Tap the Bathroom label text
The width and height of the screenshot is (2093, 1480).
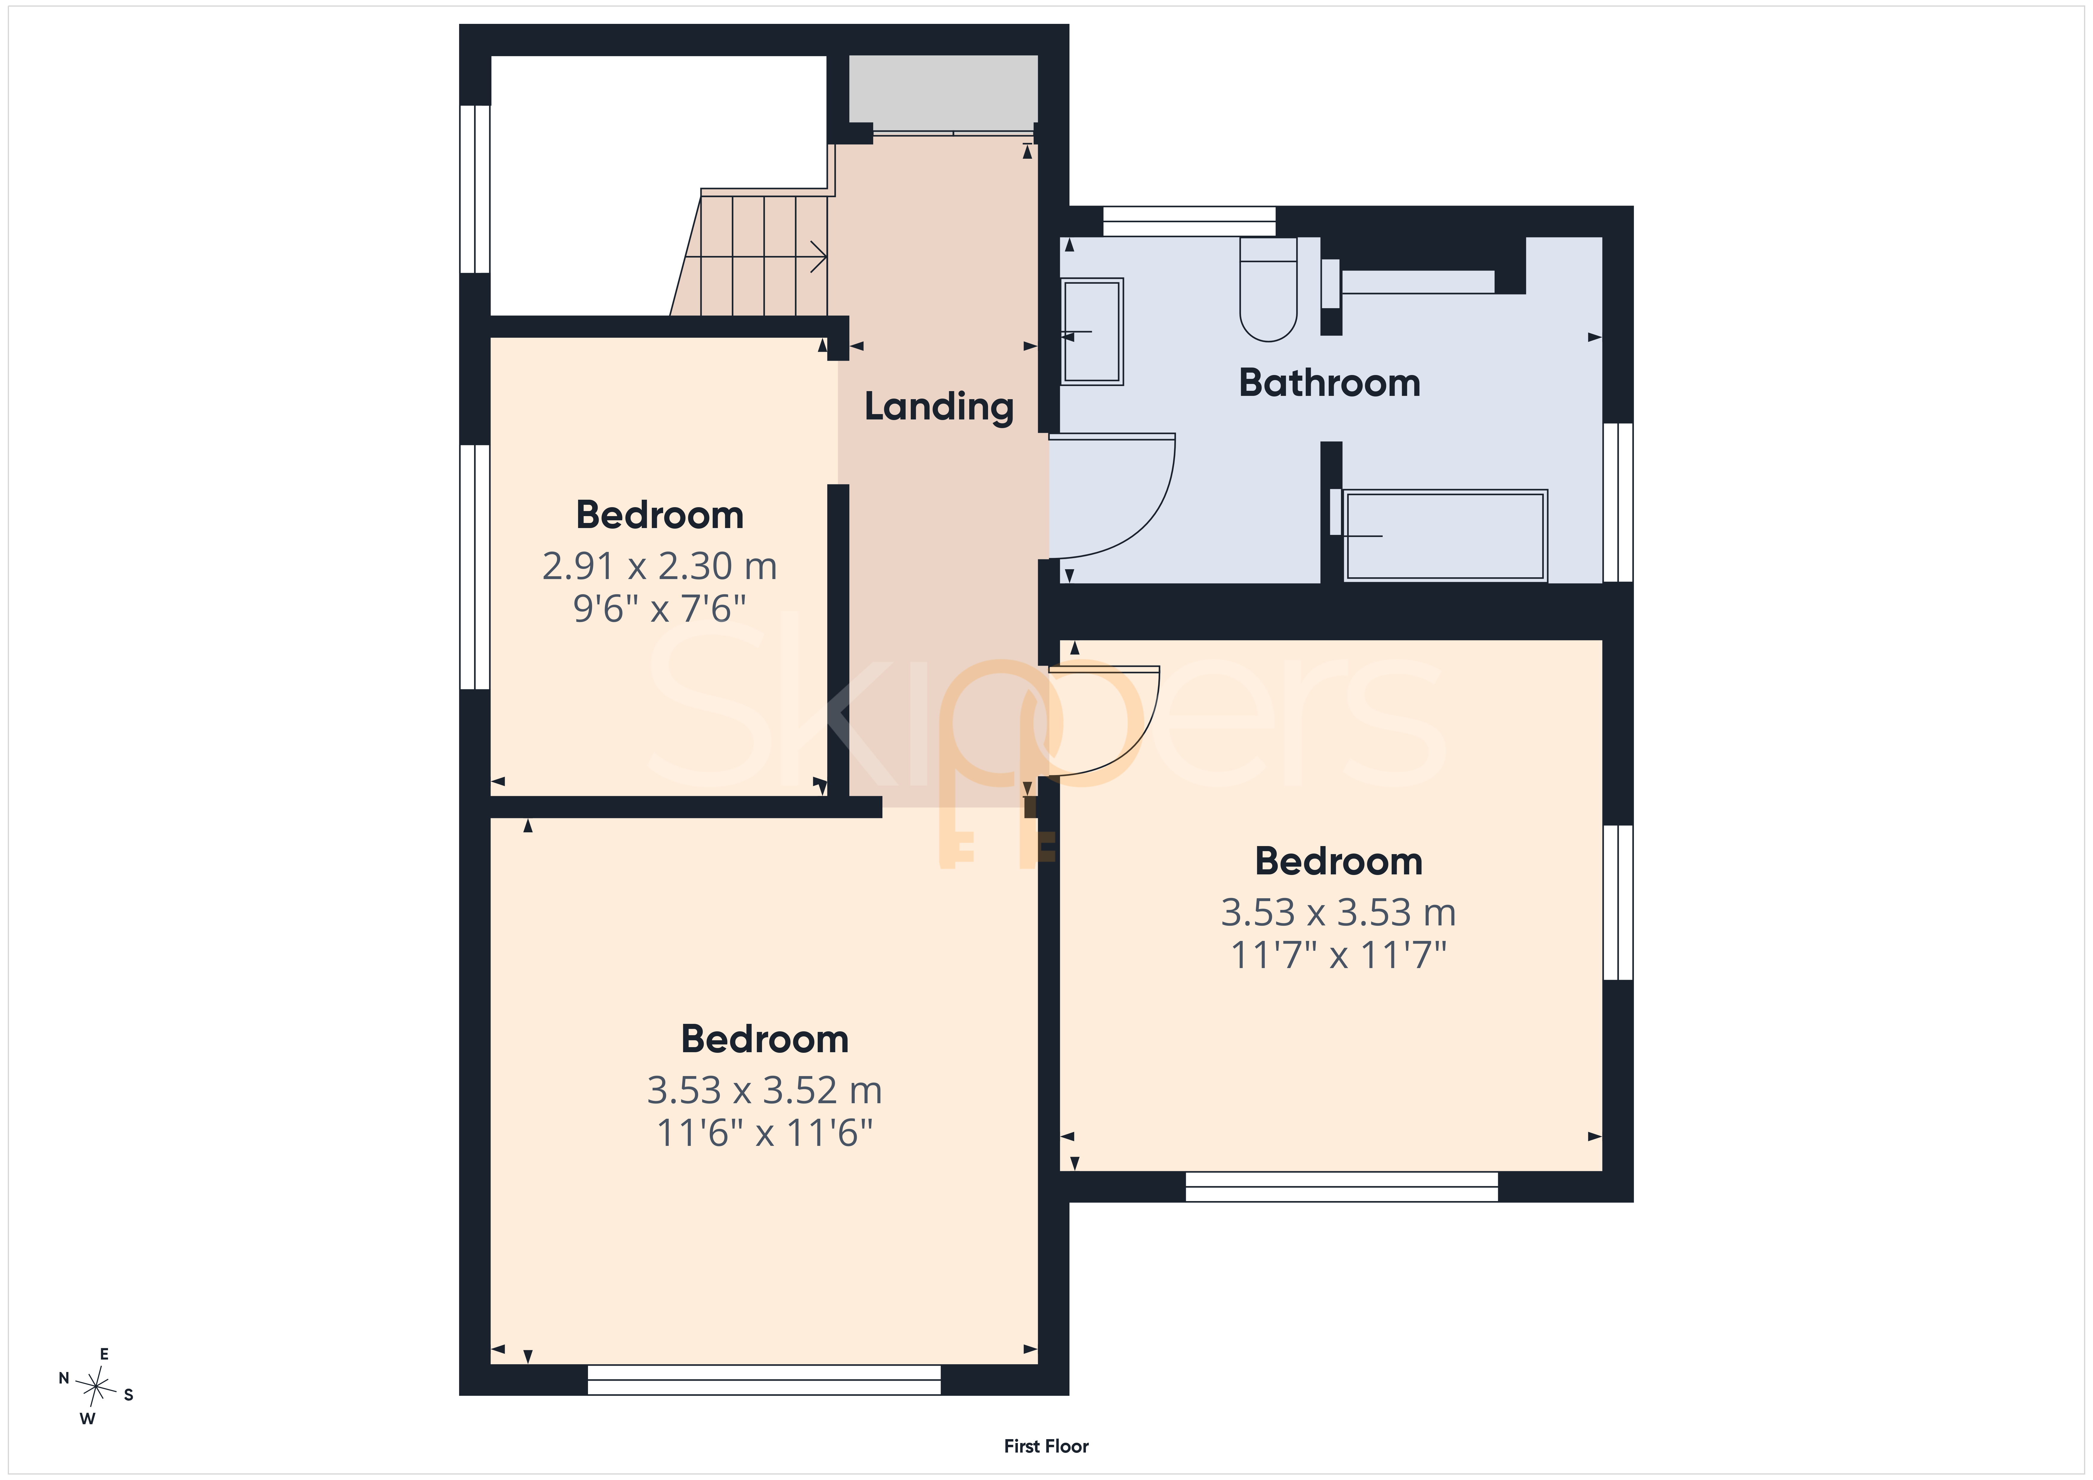(1329, 383)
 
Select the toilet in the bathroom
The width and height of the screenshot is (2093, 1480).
(1268, 289)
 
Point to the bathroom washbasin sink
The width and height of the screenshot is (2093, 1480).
(1092, 331)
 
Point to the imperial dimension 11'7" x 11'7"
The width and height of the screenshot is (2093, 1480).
(1338, 956)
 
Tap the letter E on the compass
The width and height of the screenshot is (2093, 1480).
(104, 1354)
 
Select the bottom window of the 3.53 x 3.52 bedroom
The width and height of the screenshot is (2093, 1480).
(764, 1380)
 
